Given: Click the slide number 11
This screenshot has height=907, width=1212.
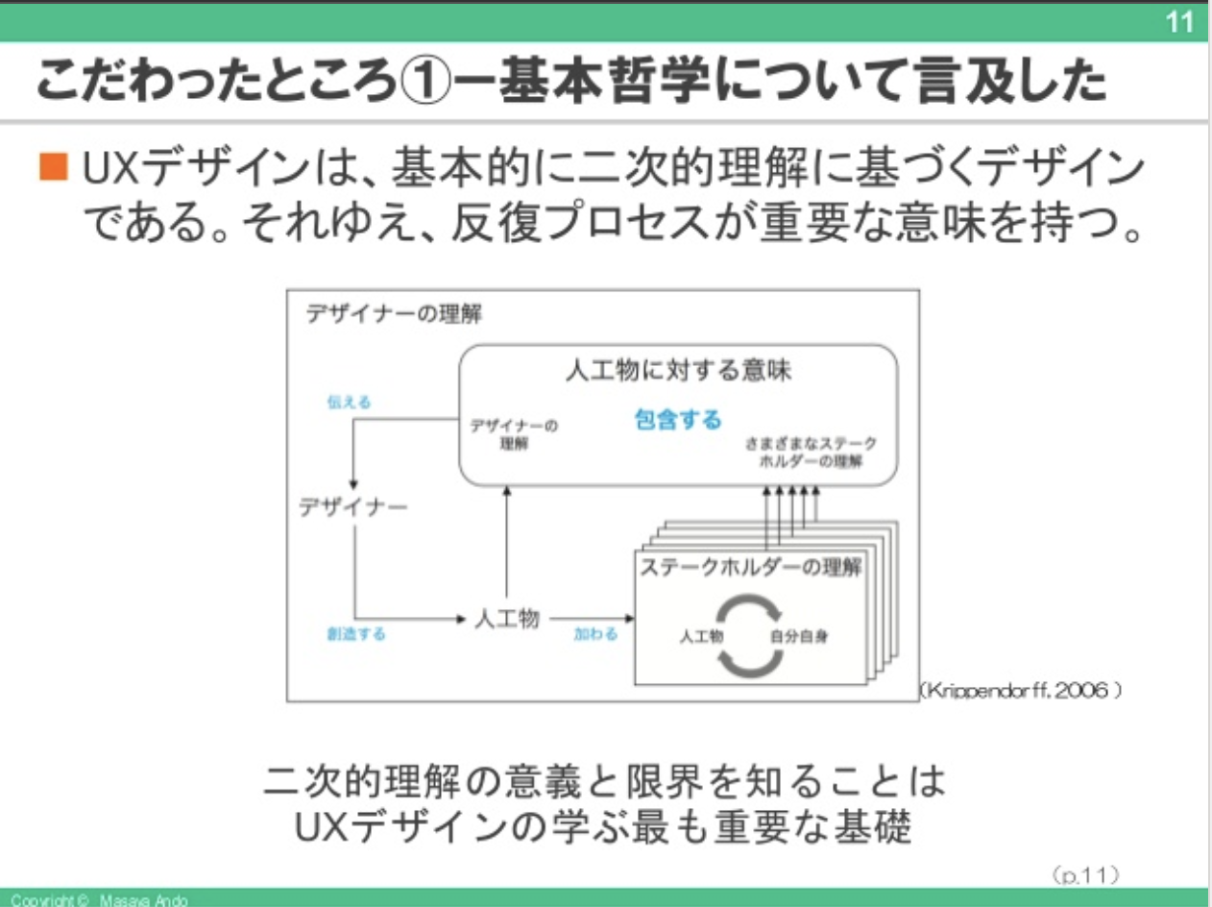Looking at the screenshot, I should tap(1178, 21).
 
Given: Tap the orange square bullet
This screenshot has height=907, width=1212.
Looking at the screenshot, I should tap(54, 170).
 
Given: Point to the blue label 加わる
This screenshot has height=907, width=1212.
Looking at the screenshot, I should tap(596, 634).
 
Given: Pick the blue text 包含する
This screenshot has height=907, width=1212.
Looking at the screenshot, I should tap(678, 419).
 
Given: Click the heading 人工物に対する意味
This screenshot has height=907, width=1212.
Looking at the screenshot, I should tap(678, 371).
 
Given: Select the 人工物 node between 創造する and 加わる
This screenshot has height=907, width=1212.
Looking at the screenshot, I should tap(507, 619).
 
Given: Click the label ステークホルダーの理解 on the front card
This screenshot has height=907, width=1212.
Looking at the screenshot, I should tap(750, 567).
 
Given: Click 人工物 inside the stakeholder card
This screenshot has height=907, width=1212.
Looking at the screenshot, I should tap(701, 636).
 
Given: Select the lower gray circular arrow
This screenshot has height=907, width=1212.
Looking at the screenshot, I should tap(750, 661).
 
